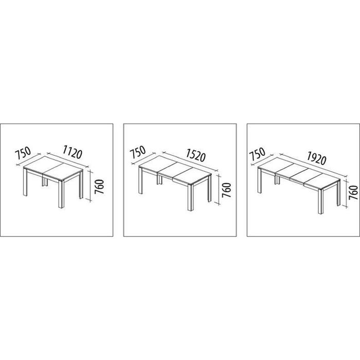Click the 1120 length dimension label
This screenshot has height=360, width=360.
pos(72,152)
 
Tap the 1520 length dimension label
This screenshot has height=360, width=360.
pos(195,155)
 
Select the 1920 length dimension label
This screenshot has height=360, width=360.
pos(316,157)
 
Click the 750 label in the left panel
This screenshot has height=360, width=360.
pos(23,152)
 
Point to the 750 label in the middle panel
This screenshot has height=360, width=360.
pos(137,152)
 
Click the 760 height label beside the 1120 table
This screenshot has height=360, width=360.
pos(99,186)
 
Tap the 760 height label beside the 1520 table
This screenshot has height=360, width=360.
pos(226,190)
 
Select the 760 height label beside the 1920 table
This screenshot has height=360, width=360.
pos(353,193)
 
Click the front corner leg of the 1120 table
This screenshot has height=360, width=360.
pos(61,195)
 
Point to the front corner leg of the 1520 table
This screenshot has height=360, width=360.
pos(191,197)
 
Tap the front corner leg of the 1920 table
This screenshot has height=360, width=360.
pos(321,201)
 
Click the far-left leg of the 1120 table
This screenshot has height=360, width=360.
pos(25,182)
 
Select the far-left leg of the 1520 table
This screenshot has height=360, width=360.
pos(140,181)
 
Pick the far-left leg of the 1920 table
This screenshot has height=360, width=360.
pos(259,180)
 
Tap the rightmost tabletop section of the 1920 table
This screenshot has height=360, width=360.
pos(321,180)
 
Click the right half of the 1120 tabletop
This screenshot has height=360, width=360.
pos(62,172)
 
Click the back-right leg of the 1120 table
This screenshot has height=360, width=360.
pos(81,185)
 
